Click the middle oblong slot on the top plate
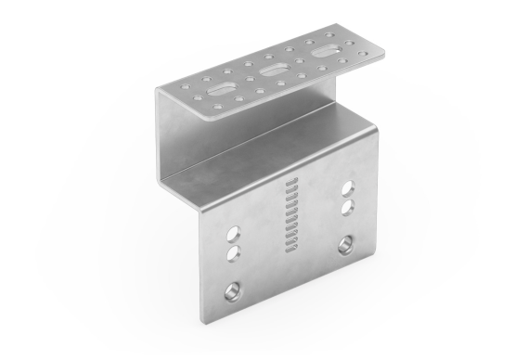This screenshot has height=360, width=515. coord(273,71)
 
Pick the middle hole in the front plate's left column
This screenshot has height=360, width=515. coord(233,251)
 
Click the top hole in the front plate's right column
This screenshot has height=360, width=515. coord(350,183)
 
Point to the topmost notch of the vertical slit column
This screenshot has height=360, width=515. coord(290,179)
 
